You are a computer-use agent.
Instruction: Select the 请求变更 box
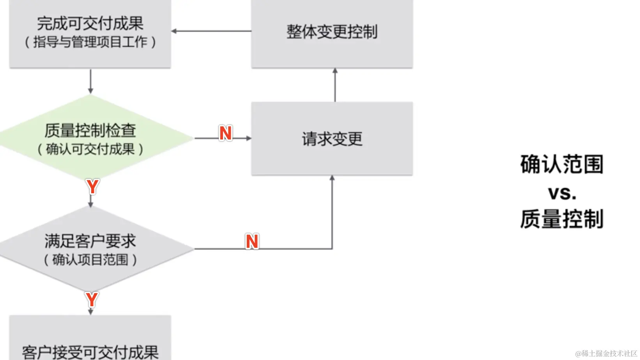[x=332, y=139]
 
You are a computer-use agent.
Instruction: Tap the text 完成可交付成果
[x=90, y=23]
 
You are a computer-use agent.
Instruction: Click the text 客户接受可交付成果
[x=90, y=352]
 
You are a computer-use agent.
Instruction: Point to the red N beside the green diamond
[x=225, y=133]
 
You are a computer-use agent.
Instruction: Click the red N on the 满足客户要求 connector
[x=252, y=242]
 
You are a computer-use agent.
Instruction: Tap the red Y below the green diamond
[x=92, y=187]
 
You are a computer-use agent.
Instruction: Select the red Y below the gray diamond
[x=92, y=300]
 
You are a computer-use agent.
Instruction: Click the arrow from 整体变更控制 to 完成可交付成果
[x=210, y=31]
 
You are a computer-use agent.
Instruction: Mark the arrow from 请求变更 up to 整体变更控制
[x=335, y=85]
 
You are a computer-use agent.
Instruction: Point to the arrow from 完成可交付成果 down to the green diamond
[x=90, y=82]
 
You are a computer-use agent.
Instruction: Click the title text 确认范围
[x=562, y=164]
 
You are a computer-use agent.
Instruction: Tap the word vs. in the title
[x=562, y=193]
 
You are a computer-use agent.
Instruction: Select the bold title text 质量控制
[x=562, y=219]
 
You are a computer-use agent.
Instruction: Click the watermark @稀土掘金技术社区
[x=606, y=353]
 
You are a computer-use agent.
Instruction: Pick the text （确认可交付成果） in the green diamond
[x=90, y=149]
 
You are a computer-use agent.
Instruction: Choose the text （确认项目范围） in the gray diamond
[x=90, y=260]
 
